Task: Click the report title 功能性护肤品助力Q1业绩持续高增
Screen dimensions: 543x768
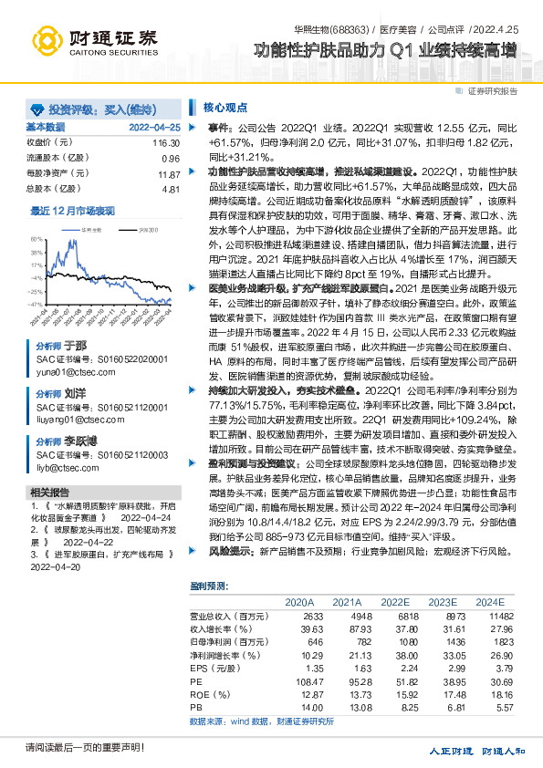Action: pyautogui.click(x=384, y=52)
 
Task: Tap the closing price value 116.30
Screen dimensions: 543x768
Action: pyautogui.click(x=166, y=143)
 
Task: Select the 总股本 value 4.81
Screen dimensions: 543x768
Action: pyautogui.click(x=171, y=189)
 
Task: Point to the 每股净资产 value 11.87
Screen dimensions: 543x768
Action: pyautogui.click(x=168, y=174)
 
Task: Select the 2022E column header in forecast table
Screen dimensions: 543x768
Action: pyautogui.click(x=394, y=603)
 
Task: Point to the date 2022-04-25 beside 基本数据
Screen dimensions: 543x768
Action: pyautogui.click(x=155, y=127)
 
